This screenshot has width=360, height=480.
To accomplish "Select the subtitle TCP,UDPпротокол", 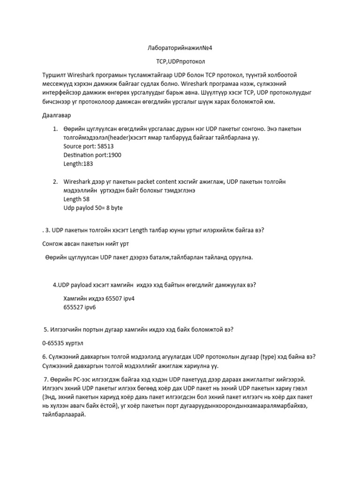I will tap(180, 61).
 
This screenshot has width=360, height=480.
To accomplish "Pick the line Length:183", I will tap(79, 164).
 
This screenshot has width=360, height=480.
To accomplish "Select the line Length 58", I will tap(76, 199).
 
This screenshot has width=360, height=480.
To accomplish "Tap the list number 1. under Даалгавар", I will tap(55, 129).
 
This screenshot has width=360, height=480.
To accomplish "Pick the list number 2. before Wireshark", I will tap(55, 181).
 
